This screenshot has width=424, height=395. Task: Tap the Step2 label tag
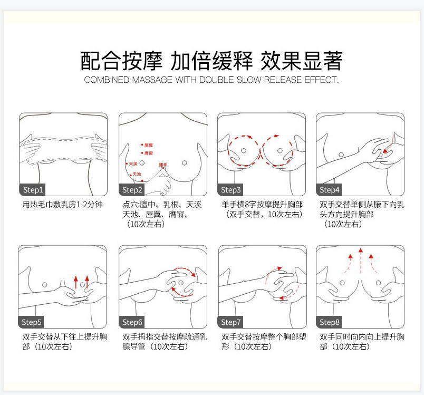[x=132, y=190]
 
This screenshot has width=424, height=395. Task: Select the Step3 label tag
[x=231, y=190]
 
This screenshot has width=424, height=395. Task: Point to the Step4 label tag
[x=330, y=190]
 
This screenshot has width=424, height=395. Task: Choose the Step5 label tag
[x=33, y=322]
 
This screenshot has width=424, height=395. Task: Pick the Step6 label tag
[x=132, y=322]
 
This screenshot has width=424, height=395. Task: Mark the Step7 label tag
[x=231, y=322]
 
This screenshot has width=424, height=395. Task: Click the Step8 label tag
[x=330, y=322]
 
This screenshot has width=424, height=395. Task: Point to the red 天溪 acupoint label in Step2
[x=133, y=164]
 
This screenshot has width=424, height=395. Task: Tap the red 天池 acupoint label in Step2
[x=136, y=174]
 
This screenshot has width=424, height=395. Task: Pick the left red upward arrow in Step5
[x=75, y=281]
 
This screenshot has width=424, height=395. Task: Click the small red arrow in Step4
[x=387, y=150]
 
